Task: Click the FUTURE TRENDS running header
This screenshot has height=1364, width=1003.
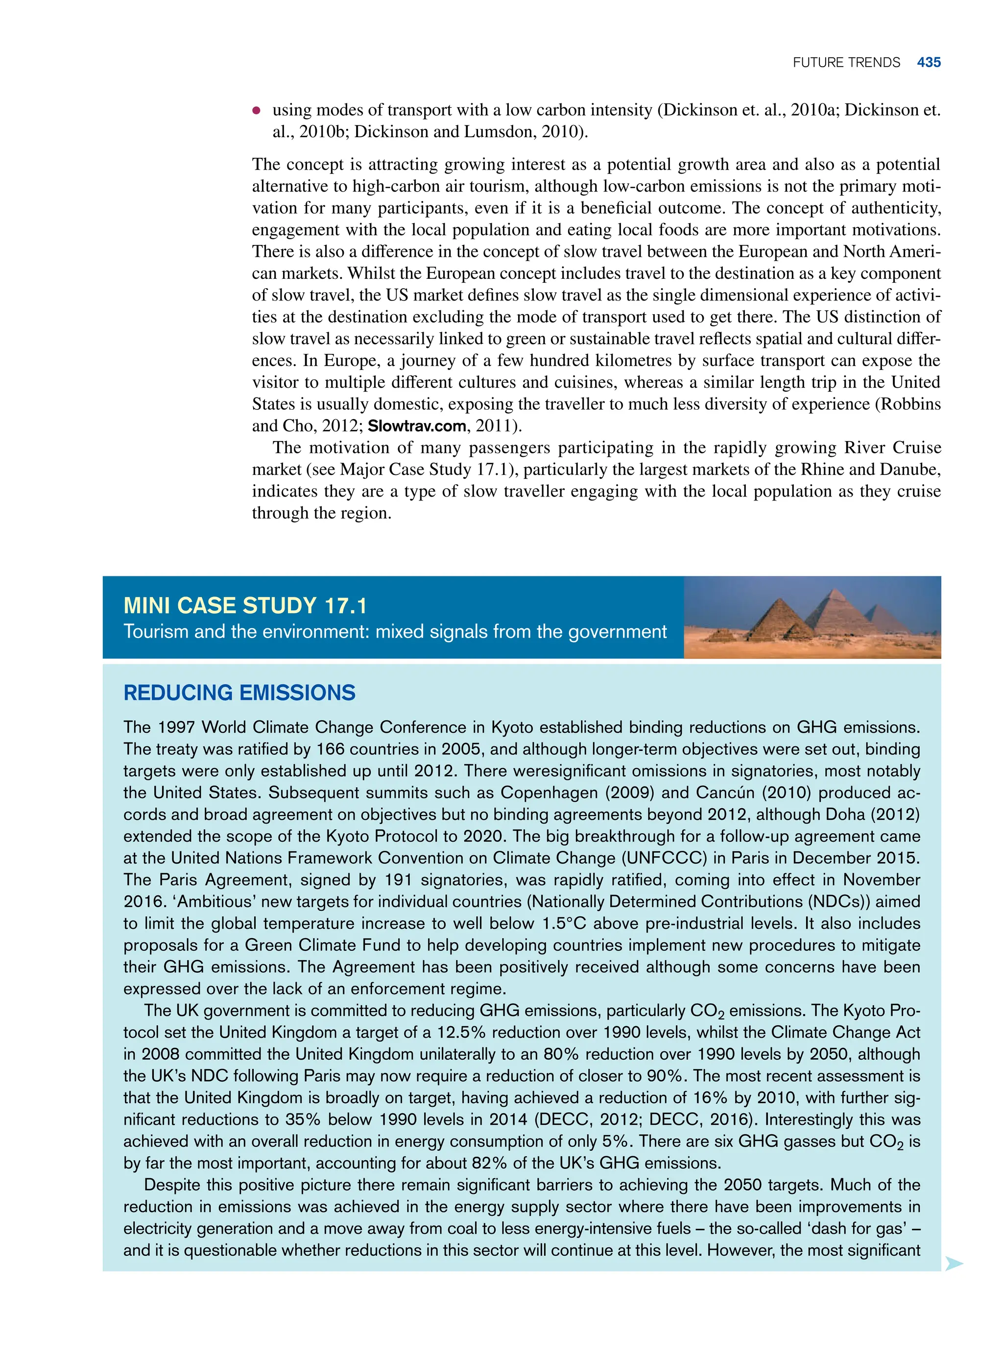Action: tap(846, 63)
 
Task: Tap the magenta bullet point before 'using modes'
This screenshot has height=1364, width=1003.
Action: tap(257, 111)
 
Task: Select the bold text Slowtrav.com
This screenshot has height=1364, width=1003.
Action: tap(416, 426)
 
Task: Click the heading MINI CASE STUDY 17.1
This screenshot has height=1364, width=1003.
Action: tap(245, 605)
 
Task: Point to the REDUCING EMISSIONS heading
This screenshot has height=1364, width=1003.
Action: tap(239, 693)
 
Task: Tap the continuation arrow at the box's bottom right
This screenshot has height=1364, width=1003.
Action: tap(954, 1264)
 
